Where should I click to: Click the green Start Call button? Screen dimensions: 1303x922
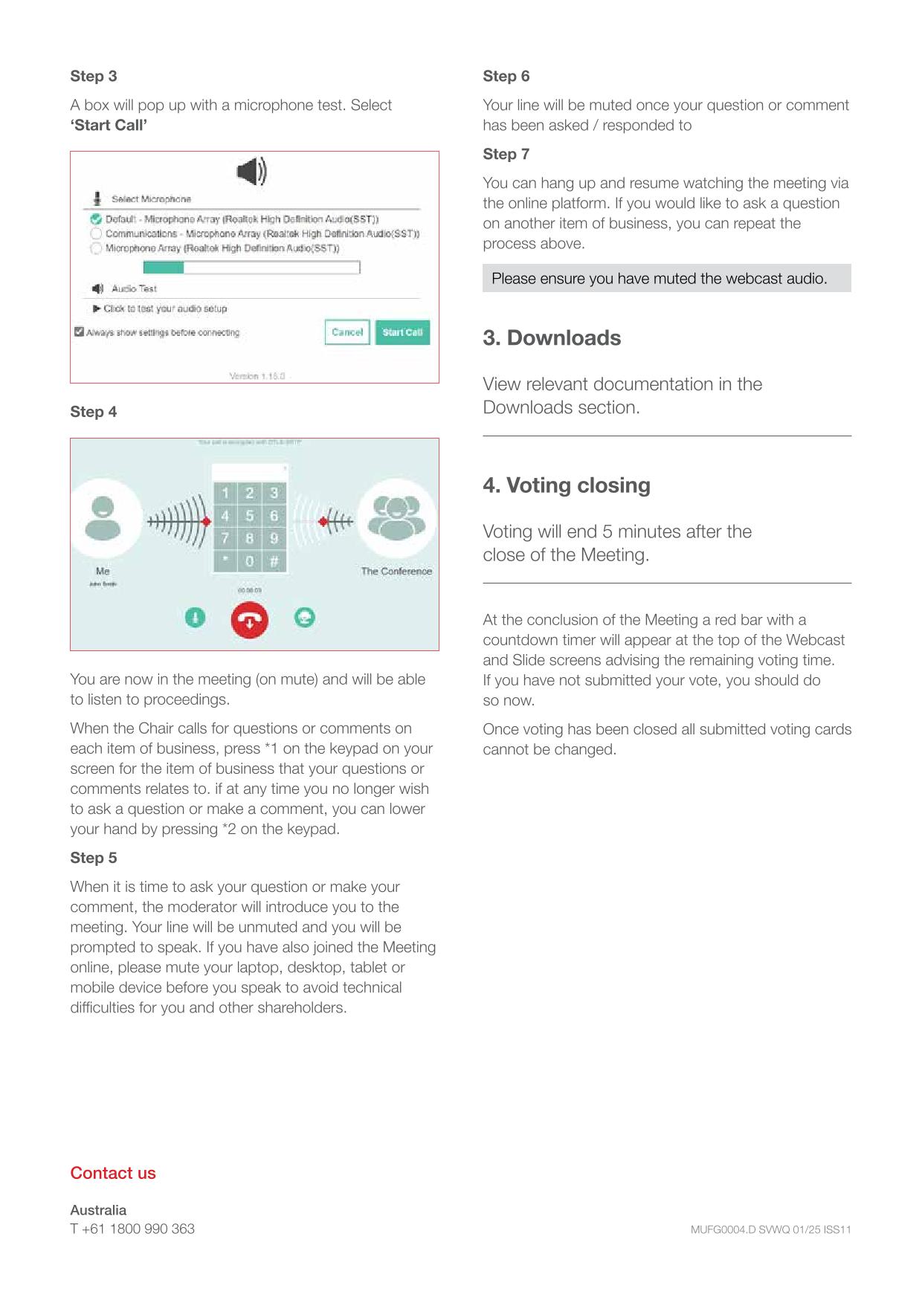pos(402,332)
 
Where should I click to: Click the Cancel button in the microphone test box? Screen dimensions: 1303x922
pos(347,332)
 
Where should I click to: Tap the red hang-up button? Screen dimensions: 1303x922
pos(249,619)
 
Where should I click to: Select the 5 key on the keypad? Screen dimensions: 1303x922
pos(250,516)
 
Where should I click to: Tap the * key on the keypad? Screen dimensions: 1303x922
pos(225,561)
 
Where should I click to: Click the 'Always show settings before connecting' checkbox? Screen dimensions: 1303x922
pos(79,332)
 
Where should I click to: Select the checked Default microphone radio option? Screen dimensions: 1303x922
pos(96,219)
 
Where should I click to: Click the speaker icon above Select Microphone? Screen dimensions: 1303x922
pos(251,172)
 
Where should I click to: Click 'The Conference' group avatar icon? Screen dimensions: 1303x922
pos(396,518)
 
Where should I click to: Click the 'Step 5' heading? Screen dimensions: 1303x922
pos(94,858)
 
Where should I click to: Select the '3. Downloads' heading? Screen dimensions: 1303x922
pos(552,338)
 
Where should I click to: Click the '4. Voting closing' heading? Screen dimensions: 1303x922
pos(567,485)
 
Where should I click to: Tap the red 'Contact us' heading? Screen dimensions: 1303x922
pos(113,1173)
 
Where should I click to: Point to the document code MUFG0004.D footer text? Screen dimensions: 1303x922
pos(770,1229)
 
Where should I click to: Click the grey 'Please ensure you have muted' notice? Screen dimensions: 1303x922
pos(666,279)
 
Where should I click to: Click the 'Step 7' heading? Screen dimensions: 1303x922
pos(506,154)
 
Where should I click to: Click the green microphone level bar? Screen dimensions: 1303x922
pos(164,268)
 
